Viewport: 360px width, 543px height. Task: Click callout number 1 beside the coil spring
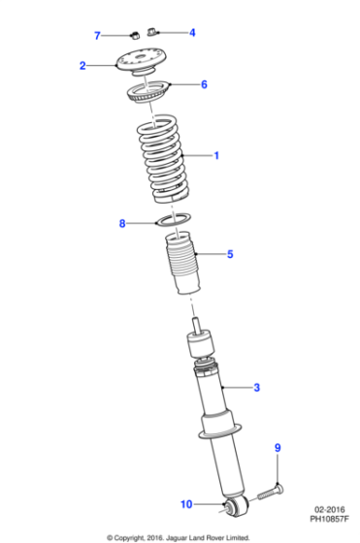click(216, 155)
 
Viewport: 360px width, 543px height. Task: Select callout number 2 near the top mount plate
click(82, 66)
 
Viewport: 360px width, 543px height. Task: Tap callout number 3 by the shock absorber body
click(257, 388)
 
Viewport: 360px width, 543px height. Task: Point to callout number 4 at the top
click(192, 32)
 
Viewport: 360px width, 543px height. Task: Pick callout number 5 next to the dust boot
click(230, 255)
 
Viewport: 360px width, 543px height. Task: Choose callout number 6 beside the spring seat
click(204, 84)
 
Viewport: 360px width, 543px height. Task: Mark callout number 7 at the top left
click(97, 36)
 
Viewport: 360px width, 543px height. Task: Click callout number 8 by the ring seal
click(122, 224)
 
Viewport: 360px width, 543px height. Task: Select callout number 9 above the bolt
click(277, 447)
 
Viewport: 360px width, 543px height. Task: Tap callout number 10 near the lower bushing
click(187, 503)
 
